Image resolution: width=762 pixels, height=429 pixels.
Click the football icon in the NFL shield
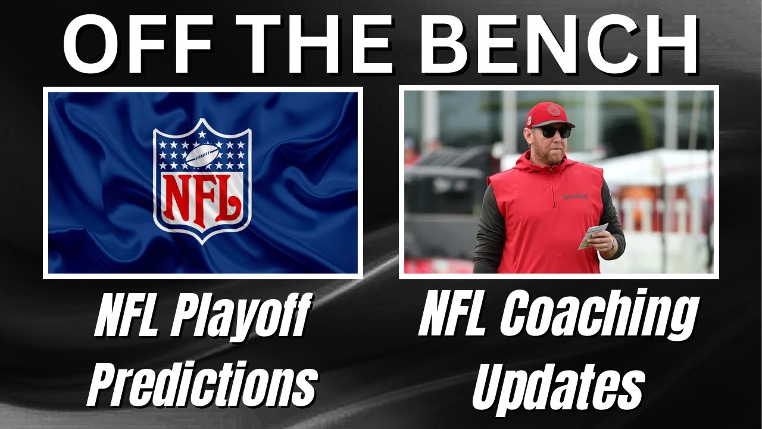(x=202, y=155)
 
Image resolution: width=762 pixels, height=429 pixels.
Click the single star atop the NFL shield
(x=202, y=134)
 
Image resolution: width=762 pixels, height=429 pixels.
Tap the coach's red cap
(x=549, y=115)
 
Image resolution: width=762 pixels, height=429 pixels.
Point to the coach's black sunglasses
(x=551, y=132)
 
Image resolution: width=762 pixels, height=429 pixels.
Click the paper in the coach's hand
(x=592, y=235)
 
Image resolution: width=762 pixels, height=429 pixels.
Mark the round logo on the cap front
(x=553, y=110)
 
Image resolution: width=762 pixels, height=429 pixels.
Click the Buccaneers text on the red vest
(x=575, y=197)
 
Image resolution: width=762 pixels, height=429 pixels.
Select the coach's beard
(x=548, y=155)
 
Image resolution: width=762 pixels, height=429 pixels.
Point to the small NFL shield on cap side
(x=529, y=120)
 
